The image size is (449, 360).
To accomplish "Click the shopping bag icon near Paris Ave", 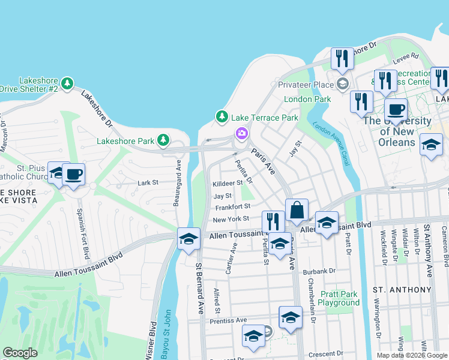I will [x=297, y=211].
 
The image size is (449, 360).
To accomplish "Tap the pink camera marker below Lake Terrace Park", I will [x=241, y=133].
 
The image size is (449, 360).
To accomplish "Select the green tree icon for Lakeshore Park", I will [x=163, y=140].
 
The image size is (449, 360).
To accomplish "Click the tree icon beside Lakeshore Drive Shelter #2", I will [x=68, y=82].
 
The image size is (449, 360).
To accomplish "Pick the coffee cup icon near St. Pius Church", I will [x=73, y=175].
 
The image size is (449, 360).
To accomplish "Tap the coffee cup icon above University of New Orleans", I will [x=396, y=110].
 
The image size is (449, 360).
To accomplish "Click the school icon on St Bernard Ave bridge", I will [x=188, y=239].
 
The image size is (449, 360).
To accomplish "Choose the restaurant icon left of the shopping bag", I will [x=273, y=221].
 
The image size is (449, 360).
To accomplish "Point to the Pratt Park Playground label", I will [x=339, y=298].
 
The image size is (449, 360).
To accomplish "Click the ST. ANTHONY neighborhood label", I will [x=402, y=290].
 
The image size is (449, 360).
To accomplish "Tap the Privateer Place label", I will [x=306, y=85].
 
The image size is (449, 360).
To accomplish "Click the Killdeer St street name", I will [x=227, y=183].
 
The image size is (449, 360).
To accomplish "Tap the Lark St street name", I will [x=147, y=182].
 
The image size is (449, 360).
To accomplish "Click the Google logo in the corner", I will [x=20, y=353].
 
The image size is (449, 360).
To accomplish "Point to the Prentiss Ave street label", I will [x=228, y=321].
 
